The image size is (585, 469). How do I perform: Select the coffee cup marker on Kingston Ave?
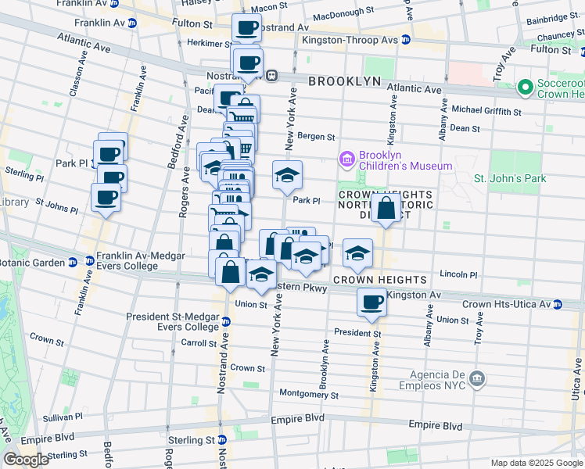coord(371,302)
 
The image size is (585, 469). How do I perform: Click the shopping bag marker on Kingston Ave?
coord(386,209)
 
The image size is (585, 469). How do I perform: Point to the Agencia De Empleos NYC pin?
coord(477,380)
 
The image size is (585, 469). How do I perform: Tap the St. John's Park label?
coord(510,179)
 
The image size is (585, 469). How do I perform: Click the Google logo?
coord(26,460)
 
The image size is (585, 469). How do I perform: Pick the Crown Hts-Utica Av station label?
coord(512,304)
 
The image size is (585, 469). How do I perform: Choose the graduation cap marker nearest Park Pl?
coord(287,175)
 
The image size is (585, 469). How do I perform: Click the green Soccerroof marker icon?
coord(524,85)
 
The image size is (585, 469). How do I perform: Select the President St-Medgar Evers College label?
coord(174,322)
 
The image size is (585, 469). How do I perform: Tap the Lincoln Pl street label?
coord(458,274)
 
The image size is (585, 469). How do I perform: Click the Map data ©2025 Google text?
coord(536,462)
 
